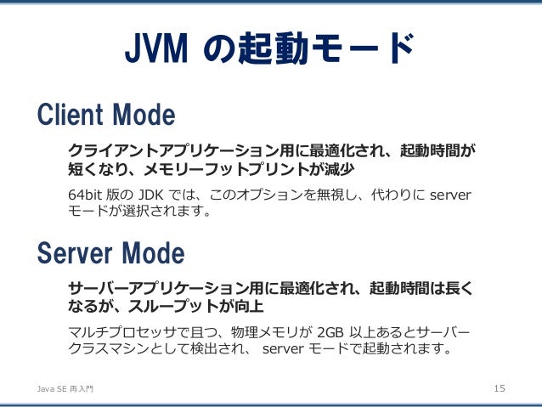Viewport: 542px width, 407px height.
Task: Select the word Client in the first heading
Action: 71,114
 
